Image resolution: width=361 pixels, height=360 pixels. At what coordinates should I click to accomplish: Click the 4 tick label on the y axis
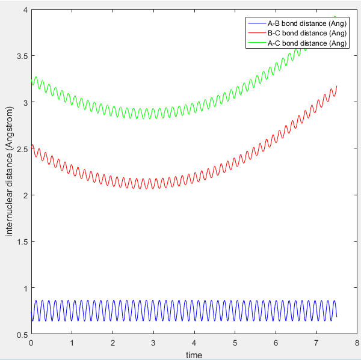(25, 10)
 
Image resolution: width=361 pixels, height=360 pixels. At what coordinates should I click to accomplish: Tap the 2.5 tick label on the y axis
(22, 148)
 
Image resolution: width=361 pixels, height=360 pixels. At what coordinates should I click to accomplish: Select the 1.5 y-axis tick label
(22, 242)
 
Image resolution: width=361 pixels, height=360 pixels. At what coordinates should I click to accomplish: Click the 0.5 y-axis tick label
(22, 335)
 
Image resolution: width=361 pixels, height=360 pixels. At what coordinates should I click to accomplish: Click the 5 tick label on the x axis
(235, 343)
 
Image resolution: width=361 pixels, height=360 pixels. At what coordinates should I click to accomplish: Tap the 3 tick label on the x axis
(153, 343)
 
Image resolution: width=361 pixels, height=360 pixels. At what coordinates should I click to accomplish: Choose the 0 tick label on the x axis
(31, 343)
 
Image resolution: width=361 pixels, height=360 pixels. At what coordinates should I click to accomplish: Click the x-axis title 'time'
(194, 355)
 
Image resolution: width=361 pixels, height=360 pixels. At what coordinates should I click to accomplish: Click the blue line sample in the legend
(255, 23)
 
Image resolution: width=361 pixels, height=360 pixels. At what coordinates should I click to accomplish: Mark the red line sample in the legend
(255, 33)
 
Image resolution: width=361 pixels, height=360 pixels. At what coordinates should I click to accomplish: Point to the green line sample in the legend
(255, 43)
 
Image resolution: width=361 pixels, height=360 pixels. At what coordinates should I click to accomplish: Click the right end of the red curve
(337, 86)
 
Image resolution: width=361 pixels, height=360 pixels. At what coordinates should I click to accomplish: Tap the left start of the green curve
(31, 84)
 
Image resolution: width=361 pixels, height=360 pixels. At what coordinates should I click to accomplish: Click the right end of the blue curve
(337, 317)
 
